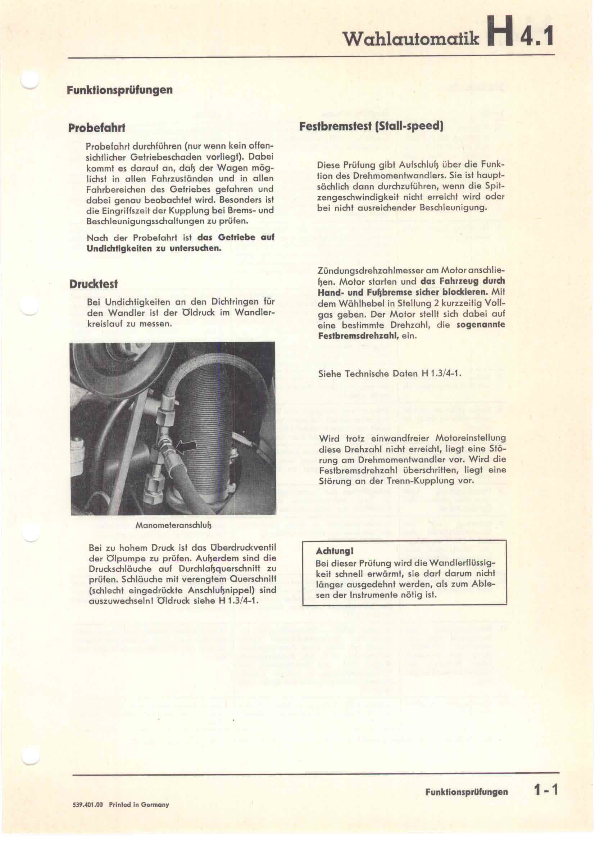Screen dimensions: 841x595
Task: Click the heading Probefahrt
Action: pos(97,128)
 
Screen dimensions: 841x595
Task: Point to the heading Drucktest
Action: pos(94,284)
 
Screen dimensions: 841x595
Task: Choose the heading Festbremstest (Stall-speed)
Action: pos(371,126)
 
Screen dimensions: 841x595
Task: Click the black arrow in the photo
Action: pos(186,446)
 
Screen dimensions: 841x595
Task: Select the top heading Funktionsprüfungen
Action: pos(120,90)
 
